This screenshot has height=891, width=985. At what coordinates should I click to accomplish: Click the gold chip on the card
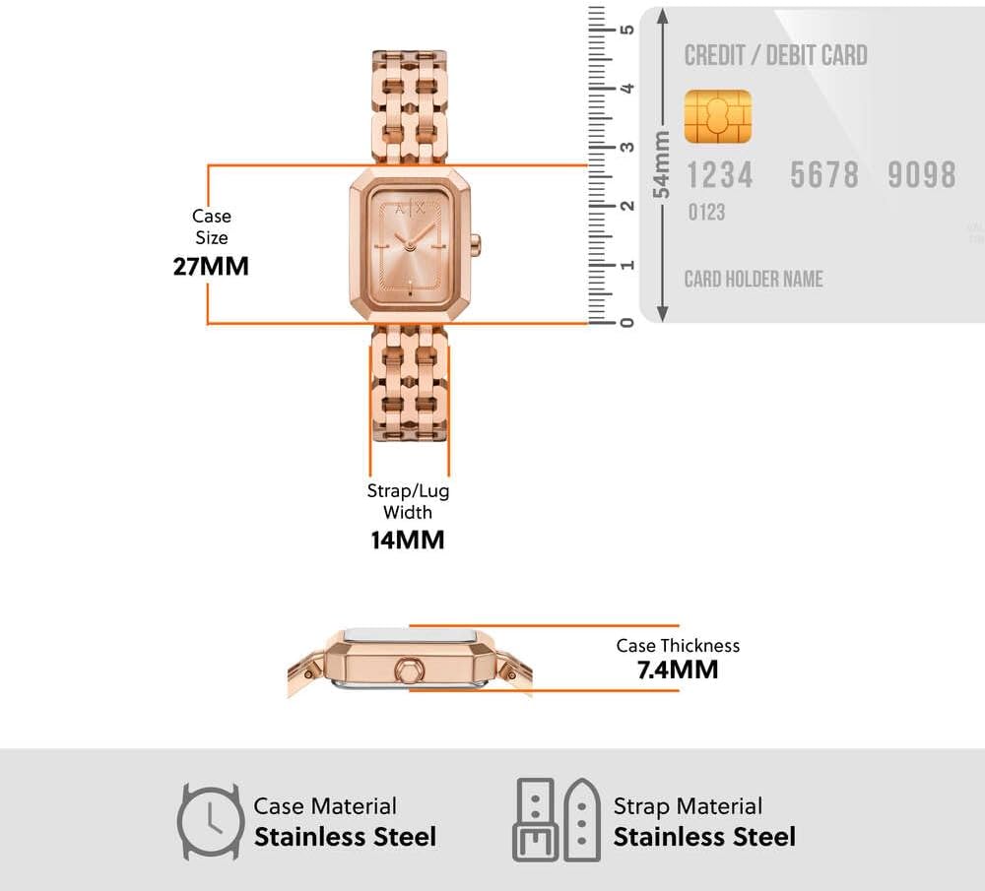tap(717, 116)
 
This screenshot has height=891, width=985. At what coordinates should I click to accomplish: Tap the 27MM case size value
tap(211, 266)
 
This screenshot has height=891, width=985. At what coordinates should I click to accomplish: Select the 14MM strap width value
tap(408, 540)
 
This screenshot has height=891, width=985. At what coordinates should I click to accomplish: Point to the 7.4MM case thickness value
tap(678, 669)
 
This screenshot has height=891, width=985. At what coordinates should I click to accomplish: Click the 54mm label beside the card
tap(661, 164)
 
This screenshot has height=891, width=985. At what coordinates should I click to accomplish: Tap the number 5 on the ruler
tap(626, 30)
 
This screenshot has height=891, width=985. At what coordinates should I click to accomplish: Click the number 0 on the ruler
tap(626, 322)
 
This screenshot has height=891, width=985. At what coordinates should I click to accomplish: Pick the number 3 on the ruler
tap(626, 147)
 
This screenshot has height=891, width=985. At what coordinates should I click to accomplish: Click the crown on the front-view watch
tap(476, 243)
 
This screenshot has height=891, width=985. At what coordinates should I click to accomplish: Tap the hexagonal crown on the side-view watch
tap(409, 670)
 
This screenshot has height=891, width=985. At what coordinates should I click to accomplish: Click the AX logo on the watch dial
tap(410, 209)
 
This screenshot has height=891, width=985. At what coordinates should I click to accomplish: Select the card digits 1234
tap(719, 174)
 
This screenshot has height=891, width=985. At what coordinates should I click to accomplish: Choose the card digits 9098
tap(922, 174)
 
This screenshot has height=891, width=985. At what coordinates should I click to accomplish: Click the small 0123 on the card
tap(706, 213)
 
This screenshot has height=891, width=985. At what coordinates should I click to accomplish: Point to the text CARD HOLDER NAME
tap(754, 279)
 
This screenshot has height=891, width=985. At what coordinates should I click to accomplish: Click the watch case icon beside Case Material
tap(211, 821)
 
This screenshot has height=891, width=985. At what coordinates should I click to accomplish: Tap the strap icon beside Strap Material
tap(557, 820)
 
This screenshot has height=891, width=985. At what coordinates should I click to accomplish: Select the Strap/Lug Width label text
tap(408, 501)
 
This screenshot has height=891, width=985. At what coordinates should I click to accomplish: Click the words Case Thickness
tap(678, 646)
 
